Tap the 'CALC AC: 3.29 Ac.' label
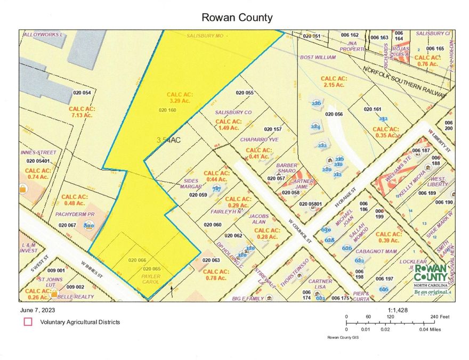[x=179, y=97]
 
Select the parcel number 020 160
[x=167, y=110]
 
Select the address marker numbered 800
[x=89, y=225]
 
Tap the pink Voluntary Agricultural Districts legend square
[x=27, y=322]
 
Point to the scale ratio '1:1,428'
[x=398, y=309]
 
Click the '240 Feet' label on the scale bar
[x=438, y=316]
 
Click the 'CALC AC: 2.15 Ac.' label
[x=334, y=81]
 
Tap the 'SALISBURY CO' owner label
[x=233, y=113]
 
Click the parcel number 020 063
[x=212, y=260]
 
